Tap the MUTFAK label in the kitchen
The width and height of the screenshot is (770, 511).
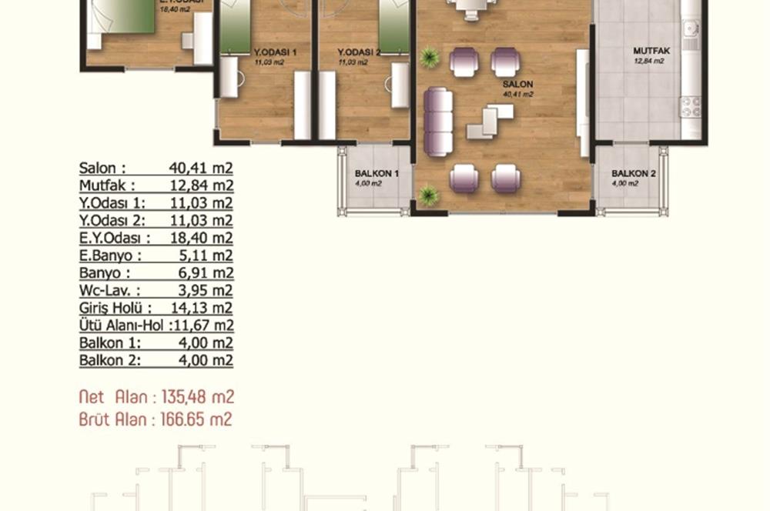[647, 51]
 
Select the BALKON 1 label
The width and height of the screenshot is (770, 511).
[376, 174]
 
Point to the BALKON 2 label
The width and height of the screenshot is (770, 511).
[633, 174]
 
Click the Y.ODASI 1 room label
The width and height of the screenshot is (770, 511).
[275, 52]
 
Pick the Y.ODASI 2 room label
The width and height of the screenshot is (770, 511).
[359, 52]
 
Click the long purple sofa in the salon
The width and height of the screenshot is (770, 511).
[438, 122]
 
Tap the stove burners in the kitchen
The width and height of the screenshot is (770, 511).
[690, 105]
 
